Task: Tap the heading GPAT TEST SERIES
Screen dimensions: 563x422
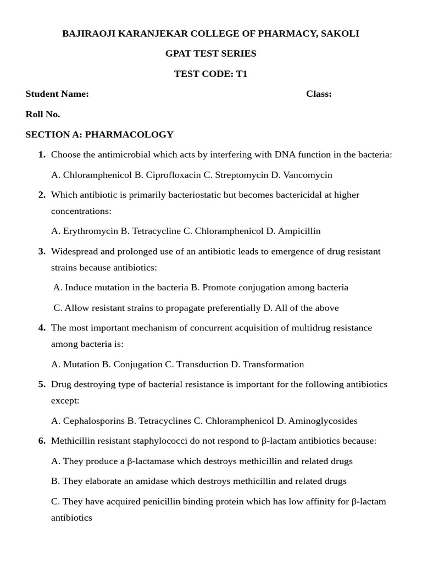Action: [211, 53]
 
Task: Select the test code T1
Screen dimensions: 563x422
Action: [242, 74]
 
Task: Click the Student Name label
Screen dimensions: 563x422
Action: [57, 94]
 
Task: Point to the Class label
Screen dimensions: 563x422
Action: [319, 94]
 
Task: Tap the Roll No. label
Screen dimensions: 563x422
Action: [43, 114]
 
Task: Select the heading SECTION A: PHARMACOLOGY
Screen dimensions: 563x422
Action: [99, 134]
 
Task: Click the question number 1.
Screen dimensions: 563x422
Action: [42, 154]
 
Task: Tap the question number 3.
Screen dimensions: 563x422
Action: [42, 251]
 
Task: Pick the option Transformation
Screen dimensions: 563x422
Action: [273, 364]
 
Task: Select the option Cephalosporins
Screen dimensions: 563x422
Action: [94, 421]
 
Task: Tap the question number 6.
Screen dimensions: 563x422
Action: [42, 441]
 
